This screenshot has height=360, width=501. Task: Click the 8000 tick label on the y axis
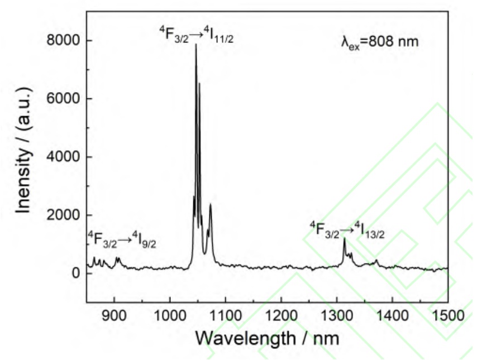63,41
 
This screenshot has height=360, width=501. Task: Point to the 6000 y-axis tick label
63,99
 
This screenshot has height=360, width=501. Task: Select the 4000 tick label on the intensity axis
63,157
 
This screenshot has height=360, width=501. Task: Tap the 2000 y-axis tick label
63,215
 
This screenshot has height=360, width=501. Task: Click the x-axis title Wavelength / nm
267,338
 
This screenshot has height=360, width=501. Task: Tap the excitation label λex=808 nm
379,41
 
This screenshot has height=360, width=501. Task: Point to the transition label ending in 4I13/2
347,229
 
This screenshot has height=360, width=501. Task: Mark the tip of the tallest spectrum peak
195,44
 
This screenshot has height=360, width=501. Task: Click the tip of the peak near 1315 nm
344,238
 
